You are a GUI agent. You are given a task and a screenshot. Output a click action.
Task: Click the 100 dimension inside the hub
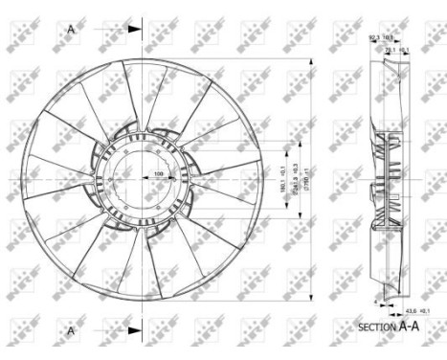pyautogui.click(x=159, y=172)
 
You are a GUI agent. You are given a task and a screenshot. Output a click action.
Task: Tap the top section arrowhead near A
pyautogui.click(x=133, y=28)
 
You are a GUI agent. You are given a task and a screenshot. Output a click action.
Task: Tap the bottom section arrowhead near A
pyautogui.click(x=133, y=331)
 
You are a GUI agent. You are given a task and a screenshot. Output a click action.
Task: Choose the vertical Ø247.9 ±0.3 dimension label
pyautogui.click(x=297, y=177)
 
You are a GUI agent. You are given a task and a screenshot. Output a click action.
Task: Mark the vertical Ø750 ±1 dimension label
pyautogui.click(x=313, y=177)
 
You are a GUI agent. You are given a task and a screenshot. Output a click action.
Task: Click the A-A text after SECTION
pyautogui.click(x=410, y=326)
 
